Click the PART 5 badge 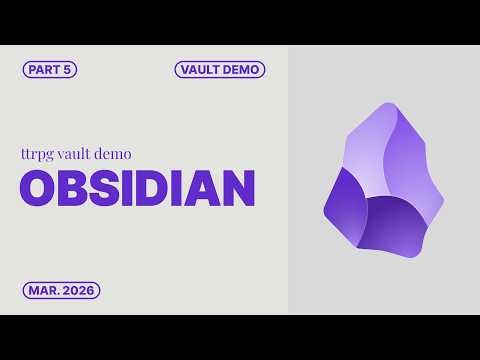(x=49, y=70)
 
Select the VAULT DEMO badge (x=219, y=70)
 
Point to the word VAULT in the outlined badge (x=201, y=70)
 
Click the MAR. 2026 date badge (x=61, y=291)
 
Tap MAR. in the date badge (x=42, y=291)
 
